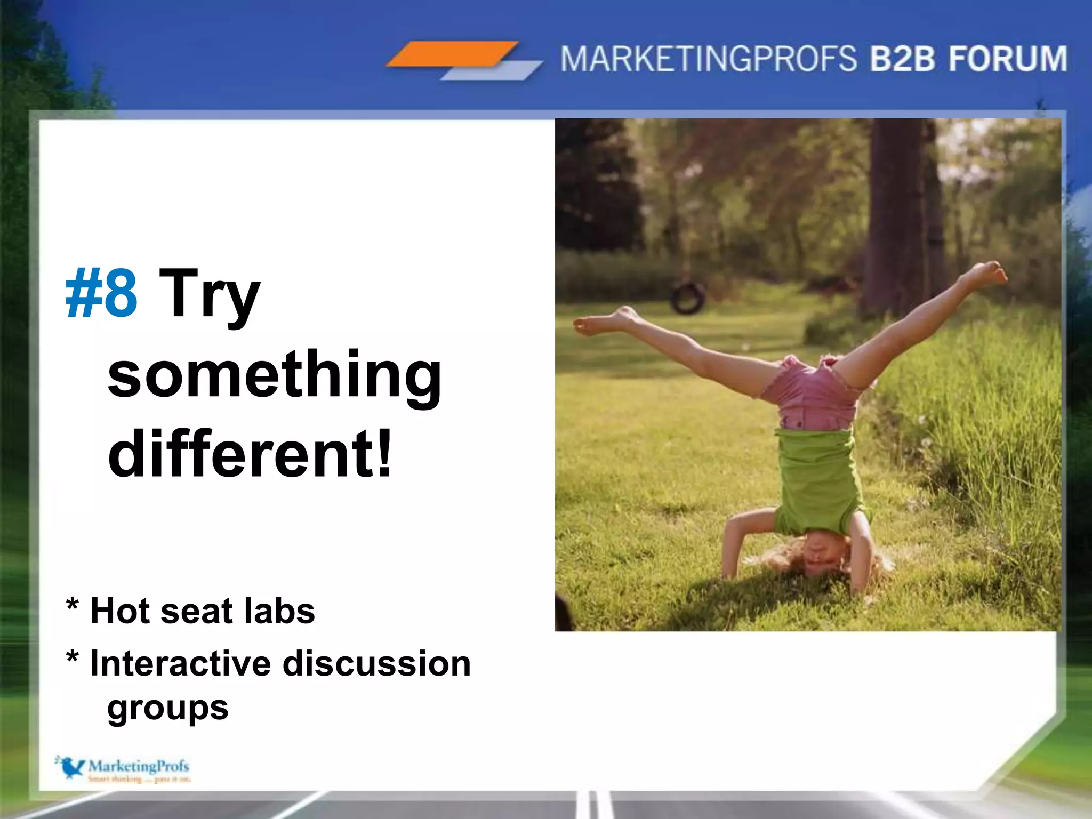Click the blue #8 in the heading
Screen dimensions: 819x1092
[101, 293]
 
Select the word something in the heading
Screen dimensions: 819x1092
[274, 376]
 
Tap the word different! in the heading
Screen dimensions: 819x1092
[250, 454]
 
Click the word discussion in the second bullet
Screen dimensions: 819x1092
[376, 664]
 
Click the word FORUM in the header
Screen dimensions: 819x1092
[1008, 59]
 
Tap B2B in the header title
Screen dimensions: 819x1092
[902, 59]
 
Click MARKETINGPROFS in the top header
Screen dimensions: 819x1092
[708, 59]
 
